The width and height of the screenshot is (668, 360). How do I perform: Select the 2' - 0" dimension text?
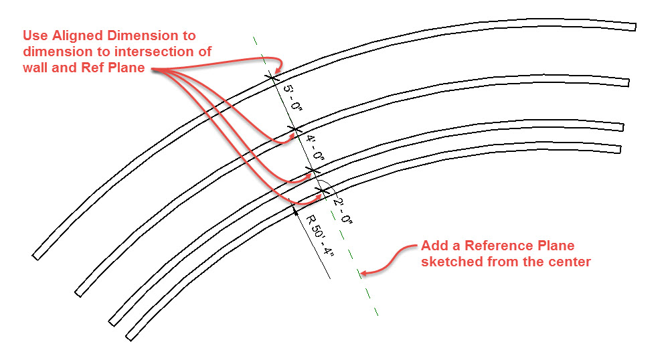(341, 210)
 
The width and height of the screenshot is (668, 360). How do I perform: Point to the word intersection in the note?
(175, 52)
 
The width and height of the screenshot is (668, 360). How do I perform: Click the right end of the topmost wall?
(633, 26)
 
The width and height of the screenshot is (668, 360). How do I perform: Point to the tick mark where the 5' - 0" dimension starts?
(272, 76)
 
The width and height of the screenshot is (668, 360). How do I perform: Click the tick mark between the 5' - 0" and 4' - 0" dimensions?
(293, 128)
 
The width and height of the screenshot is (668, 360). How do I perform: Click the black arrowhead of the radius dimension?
(296, 209)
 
